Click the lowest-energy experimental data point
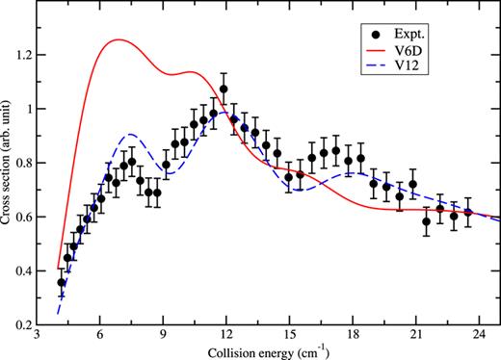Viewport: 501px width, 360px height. [62, 282]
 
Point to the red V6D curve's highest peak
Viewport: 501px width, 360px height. [118, 40]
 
